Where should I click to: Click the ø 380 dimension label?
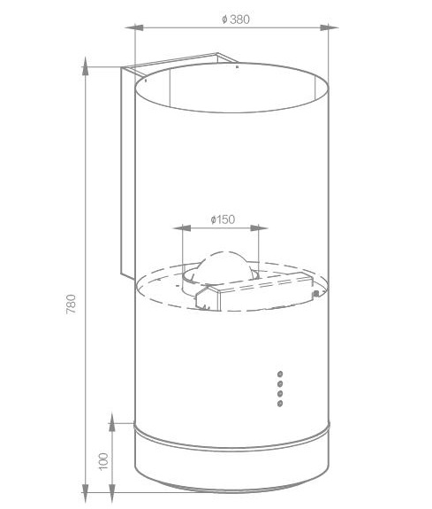[x=236, y=19]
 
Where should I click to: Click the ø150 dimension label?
[x=223, y=220]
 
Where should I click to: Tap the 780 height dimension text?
[x=71, y=304]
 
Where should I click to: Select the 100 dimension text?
[x=103, y=461]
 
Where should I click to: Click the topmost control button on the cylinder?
[x=280, y=374]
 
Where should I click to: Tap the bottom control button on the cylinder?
[x=280, y=404]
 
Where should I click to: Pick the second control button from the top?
[x=280, y=383]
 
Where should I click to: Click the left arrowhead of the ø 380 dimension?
[x=134, y=27]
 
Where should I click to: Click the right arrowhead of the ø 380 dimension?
[x=329, y=27]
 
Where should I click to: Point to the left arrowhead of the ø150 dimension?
[x=182, y=228]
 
